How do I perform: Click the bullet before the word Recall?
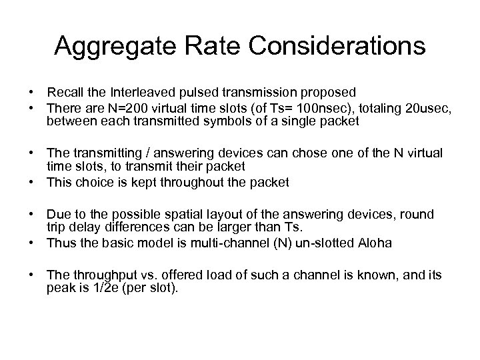[31, 91]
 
